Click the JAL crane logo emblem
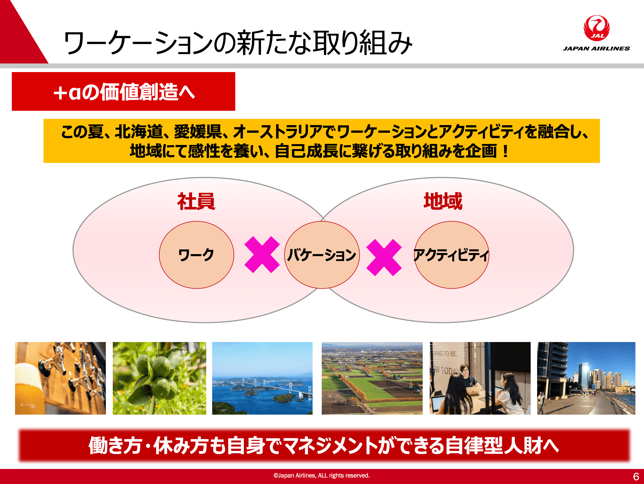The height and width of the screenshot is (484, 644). pyautogui.click(x=596, y=28)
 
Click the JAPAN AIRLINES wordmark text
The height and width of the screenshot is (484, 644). pyautogui.click(x=596, y=48)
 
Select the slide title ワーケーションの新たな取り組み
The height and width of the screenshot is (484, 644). pyautogui.click(x=238, y=42)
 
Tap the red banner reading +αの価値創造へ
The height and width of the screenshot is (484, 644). pyautogui.click(x=124, y=91)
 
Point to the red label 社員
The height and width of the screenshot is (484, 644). pyautogui.click(x=196, y=201)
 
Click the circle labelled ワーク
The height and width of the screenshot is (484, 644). pyautogui.click(x=197, y=255)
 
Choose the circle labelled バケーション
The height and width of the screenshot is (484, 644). pyautogui.click(x=322, y=255)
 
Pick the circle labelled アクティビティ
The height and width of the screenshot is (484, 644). pyautogui.click(x=451, y=255)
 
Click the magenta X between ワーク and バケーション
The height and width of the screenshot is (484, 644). pyautogui.click(x=262, y=255)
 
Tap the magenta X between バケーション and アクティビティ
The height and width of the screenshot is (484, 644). pyautogui.click(x=384, y=257)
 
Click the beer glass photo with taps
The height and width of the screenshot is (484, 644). pyautogui.click(x=60, y=378)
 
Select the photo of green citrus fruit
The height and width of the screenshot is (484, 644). pyautogui.click(x=159, y=378)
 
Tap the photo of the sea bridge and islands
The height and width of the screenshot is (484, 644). pyautogui.click(x=262, y=378)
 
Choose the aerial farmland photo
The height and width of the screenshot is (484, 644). pyautogui.click(x=372, y=378)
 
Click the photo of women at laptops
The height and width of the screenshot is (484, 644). pyautogui.click(x=480, y=378)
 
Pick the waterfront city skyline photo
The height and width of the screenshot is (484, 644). pyautogui.click(x=586, y=378)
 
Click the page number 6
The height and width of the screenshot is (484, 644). pyautogui.click(x=636, y=477)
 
